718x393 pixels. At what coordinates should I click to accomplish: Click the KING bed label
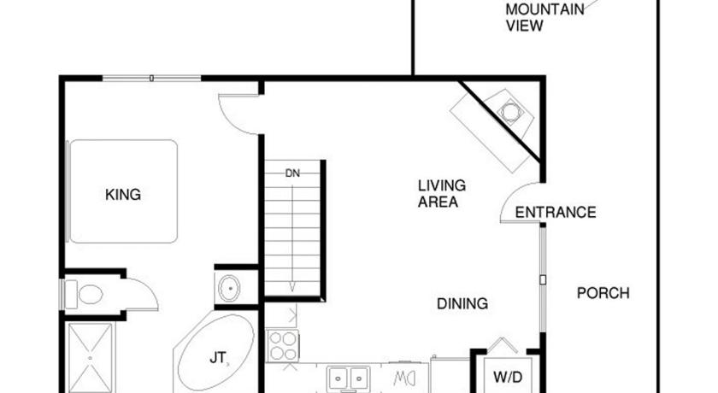(x=123, y=195)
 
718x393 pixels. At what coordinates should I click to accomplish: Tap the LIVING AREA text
(x=441, y=194)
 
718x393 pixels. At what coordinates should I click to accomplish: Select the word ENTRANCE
(x=556, y=212)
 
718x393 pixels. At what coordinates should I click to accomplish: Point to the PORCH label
(x=603, y=293)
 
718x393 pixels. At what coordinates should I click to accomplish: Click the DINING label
(x=462, y=304)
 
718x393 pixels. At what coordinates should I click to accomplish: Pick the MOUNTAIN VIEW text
(x=545, y=17)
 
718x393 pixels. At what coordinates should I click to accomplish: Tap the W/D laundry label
(x=508, y=378)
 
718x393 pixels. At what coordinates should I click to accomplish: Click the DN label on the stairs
(x=292, y=173)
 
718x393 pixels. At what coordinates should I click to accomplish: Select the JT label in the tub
(x=217, y=357)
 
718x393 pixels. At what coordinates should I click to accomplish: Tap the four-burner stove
(x=283, y=346)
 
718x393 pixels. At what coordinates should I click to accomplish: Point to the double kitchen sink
(x=349, y=378)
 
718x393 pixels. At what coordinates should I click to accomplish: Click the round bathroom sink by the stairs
(x=229, y=288)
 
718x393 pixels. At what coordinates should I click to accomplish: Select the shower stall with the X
(x=91, y=358)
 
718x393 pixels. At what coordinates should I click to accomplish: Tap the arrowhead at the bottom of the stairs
(x=292, y=288)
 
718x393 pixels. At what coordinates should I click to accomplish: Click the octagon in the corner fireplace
(x=509, y=111)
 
